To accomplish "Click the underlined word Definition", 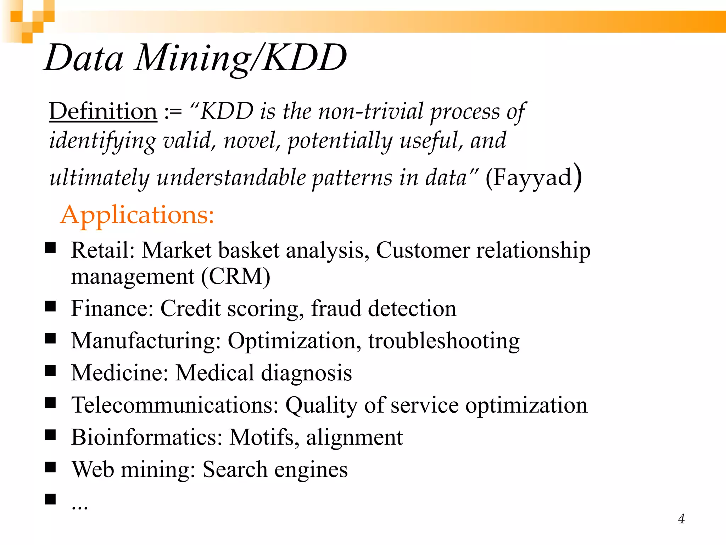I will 103,111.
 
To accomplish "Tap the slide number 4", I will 681,519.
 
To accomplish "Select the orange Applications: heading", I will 137,215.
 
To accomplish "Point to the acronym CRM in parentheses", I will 236,277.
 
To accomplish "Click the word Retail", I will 100,250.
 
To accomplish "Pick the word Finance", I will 110,308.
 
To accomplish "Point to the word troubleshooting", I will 444,341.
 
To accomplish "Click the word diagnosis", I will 306,373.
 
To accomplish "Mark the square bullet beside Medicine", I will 51,371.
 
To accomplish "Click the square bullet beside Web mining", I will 51,467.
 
